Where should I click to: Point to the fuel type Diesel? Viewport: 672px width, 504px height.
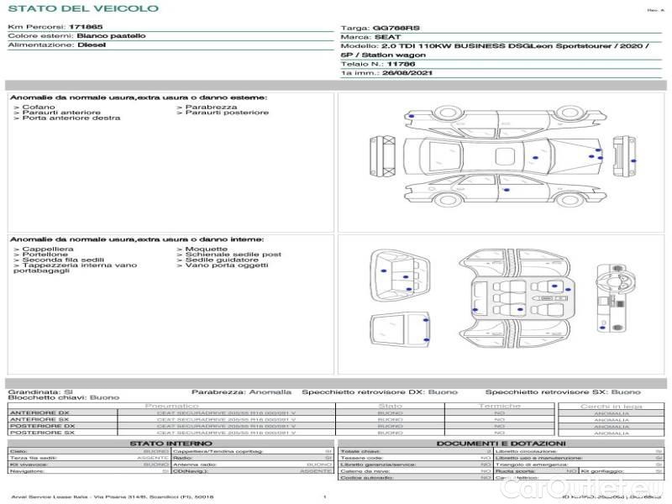(x=92, y=45)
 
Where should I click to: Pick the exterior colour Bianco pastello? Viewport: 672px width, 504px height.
(x=111, y=36)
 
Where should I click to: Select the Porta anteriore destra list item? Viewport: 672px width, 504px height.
(x=68, y=118)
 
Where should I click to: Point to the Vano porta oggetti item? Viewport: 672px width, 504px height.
(x=220, y=266)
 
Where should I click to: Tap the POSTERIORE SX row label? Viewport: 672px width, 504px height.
(x=41, y=433)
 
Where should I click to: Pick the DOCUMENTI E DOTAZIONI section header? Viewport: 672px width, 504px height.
(x=501, y=444)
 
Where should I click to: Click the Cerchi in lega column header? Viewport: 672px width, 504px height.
(x=611, y=407)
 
